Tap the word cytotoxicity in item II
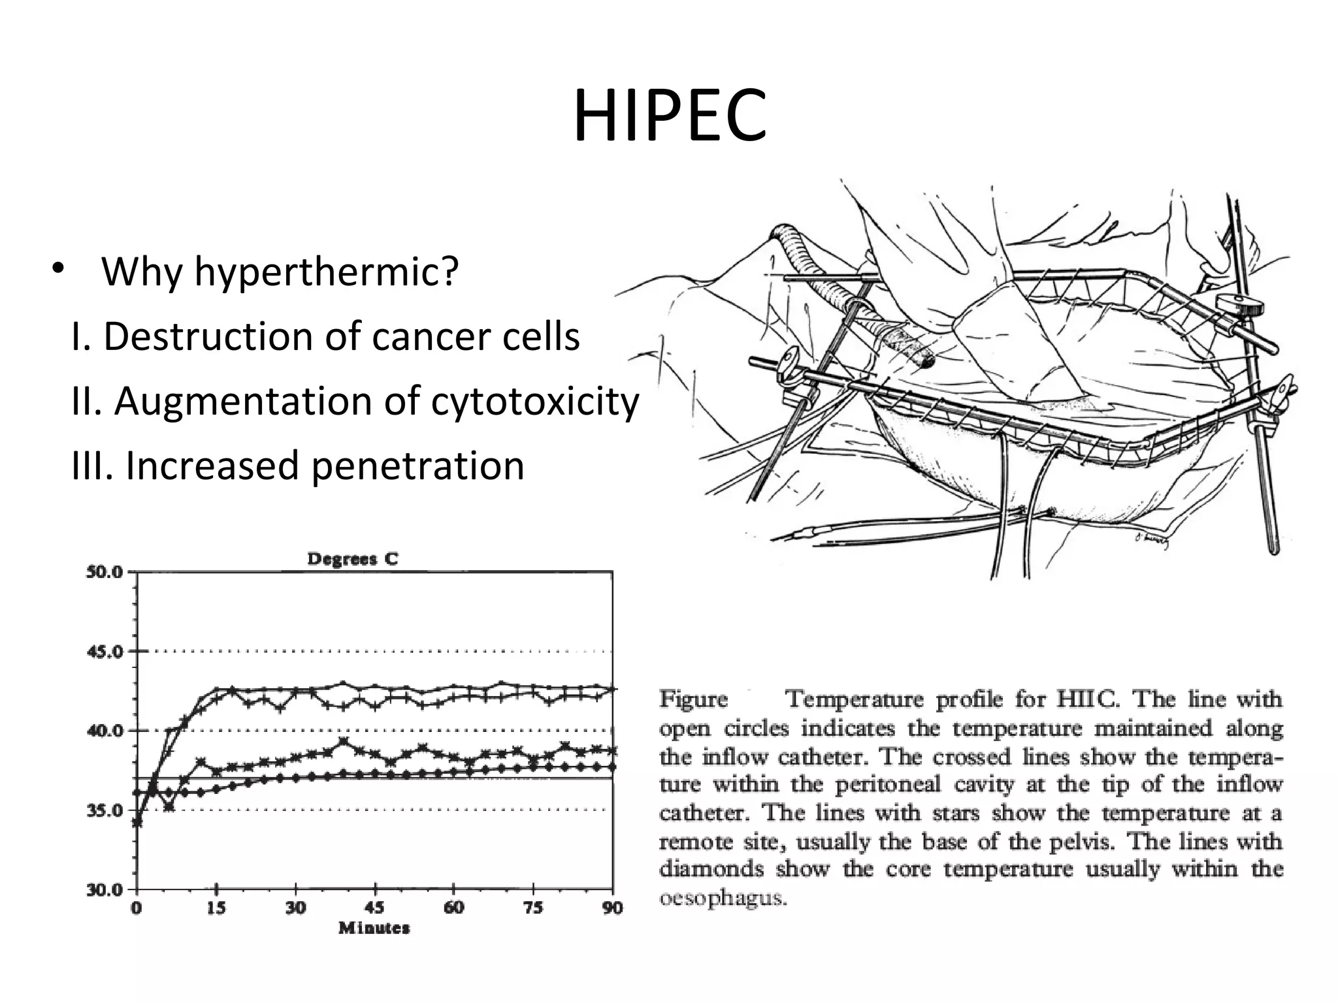coord(534,401)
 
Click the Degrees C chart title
coord(352,559)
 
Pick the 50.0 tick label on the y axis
coord(105,572)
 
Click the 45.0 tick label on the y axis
coord(105,652)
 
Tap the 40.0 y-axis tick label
coord(105,731)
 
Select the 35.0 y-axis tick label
coord(105,810)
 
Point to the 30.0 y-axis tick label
coord(105,890)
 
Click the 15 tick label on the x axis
coord(216,908)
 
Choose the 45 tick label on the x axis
coord(375,908)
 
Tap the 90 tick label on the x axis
coord(612,908)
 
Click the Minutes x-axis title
coord(374,928)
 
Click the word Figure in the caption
coord(693,699)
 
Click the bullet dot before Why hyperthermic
coord(58,268)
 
